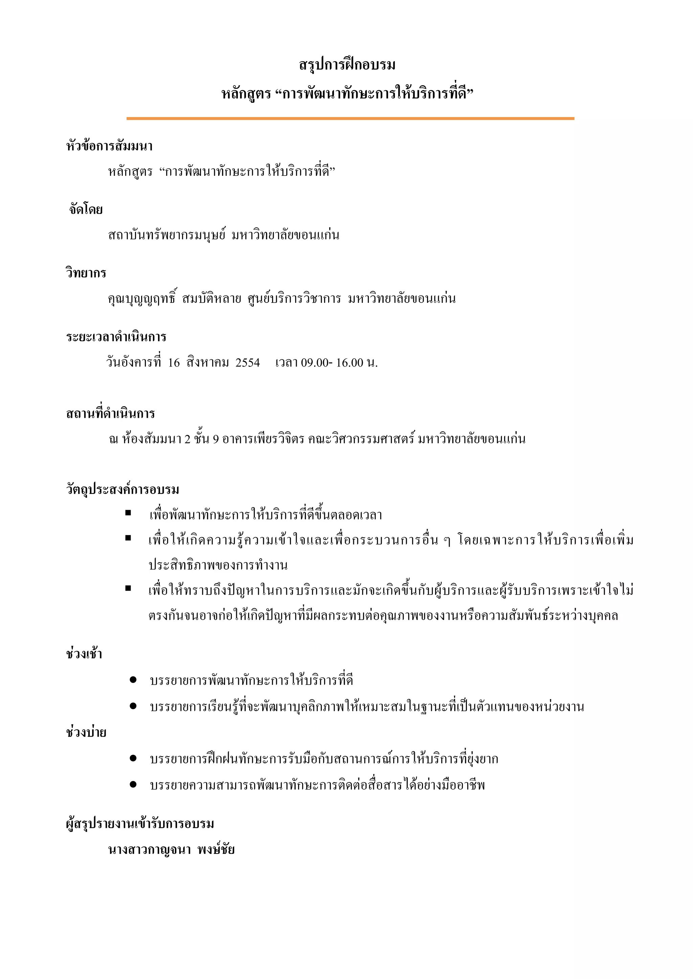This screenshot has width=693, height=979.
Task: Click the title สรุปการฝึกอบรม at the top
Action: tap(347, 65)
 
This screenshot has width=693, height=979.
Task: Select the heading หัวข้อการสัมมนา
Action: tap(109, 146)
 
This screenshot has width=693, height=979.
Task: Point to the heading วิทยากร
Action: tap(86, 273)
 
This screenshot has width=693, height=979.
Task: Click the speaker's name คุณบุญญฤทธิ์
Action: tap(142, 299)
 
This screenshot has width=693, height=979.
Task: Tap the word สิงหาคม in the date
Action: tap(208, 363)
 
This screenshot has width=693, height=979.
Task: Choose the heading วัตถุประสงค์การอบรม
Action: tap(122, 489)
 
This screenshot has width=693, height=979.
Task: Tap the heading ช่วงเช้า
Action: tap(84, 654)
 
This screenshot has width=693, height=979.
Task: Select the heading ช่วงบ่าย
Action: tap(86, 733)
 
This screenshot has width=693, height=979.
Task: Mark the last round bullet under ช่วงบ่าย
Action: tap(133, 784)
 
